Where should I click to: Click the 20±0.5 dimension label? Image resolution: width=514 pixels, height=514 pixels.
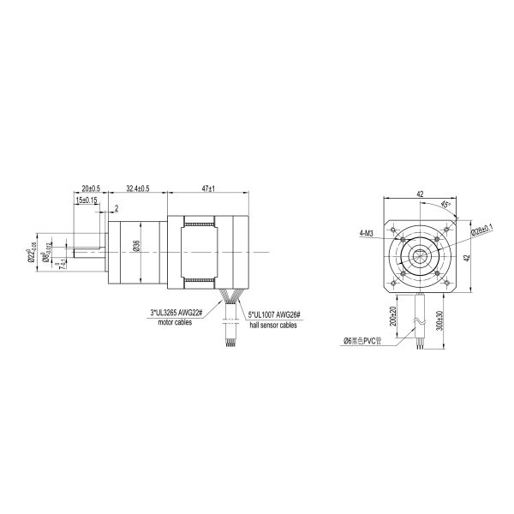pos(91,188)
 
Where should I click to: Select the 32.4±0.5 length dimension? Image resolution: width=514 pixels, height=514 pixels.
pos(138,188)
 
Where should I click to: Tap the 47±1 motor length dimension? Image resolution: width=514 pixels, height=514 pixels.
pos(206,188)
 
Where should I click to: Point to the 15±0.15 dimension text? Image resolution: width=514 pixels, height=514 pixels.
pos(87,200)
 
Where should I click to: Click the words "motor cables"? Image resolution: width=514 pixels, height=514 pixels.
pos(169,323)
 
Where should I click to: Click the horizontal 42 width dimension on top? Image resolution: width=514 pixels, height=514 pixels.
pos(420,194)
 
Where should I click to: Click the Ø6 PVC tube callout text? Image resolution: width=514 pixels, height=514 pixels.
pos(362,340)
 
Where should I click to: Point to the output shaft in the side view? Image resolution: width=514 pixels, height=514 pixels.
pos(87,252)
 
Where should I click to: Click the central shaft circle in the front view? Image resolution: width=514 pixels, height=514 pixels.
pos(420,254)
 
